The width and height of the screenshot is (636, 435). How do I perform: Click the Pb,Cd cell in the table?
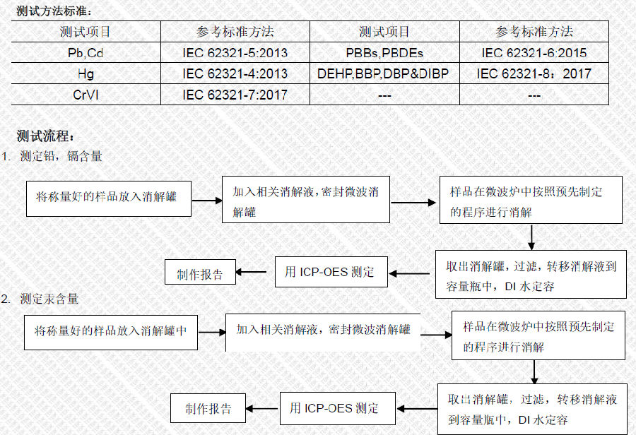[86, 53]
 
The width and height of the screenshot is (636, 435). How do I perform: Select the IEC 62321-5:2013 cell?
[235, 53]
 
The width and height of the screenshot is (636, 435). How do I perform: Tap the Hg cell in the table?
[86, 73]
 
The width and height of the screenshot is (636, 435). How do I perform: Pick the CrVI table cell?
[86, 95]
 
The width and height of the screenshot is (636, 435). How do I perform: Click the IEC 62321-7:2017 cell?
[235, 95]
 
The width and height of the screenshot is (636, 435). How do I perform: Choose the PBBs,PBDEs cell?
[384, 53]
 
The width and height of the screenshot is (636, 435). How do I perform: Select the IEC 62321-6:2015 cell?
[534, 53]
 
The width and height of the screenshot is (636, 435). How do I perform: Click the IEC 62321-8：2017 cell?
[534, 73]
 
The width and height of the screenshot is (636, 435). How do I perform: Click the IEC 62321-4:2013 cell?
[235, 73]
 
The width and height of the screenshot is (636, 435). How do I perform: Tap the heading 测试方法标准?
[54, 11]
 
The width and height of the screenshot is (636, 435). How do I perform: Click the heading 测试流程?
[45, 136]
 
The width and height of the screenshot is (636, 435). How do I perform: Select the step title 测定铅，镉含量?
[61, 156]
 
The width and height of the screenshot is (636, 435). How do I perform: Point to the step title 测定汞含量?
[49, 299]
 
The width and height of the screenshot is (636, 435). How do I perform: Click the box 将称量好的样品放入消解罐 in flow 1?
[109, 198]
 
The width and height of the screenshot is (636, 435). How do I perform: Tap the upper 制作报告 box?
[200, 272]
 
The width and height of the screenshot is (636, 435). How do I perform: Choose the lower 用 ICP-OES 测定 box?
[338, 408]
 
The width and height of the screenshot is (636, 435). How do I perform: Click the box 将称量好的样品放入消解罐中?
[111, 333]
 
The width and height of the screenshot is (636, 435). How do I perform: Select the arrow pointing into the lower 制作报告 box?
[262, 409]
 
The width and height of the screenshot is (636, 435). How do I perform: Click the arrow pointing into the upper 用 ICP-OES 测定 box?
[409, 274]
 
